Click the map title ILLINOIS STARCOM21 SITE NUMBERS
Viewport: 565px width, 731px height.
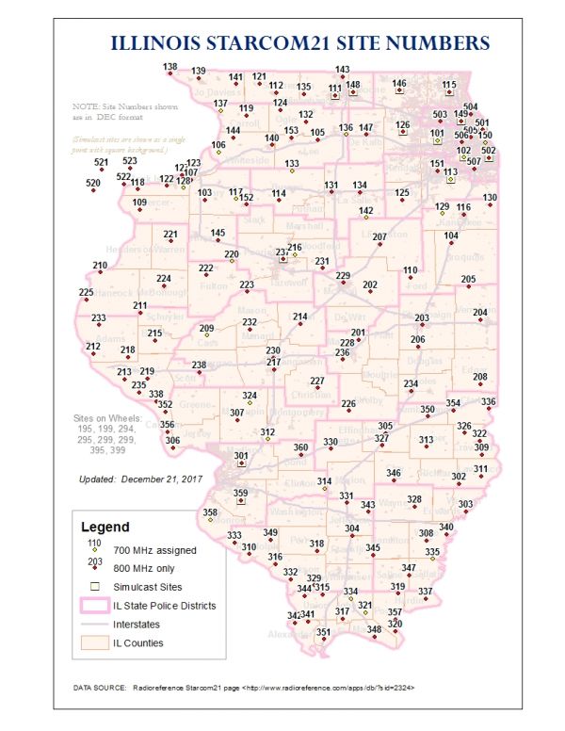click(300, 43)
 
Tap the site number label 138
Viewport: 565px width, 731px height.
click(169, 66)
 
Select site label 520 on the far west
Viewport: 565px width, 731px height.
click(92, 183)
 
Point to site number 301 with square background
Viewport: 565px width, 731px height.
click(241, 457)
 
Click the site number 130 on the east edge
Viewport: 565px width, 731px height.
click(490, 198)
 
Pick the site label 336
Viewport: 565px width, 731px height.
click(488, 401)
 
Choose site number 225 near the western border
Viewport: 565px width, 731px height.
click(86, 293)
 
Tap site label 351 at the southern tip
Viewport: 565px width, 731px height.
click(323, 632)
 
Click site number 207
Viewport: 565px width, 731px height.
click(379, 236)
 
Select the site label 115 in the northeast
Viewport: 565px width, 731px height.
click(449, 85)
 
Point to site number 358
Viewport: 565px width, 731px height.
click(210, 512)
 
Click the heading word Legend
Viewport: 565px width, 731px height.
click(105, 527)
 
